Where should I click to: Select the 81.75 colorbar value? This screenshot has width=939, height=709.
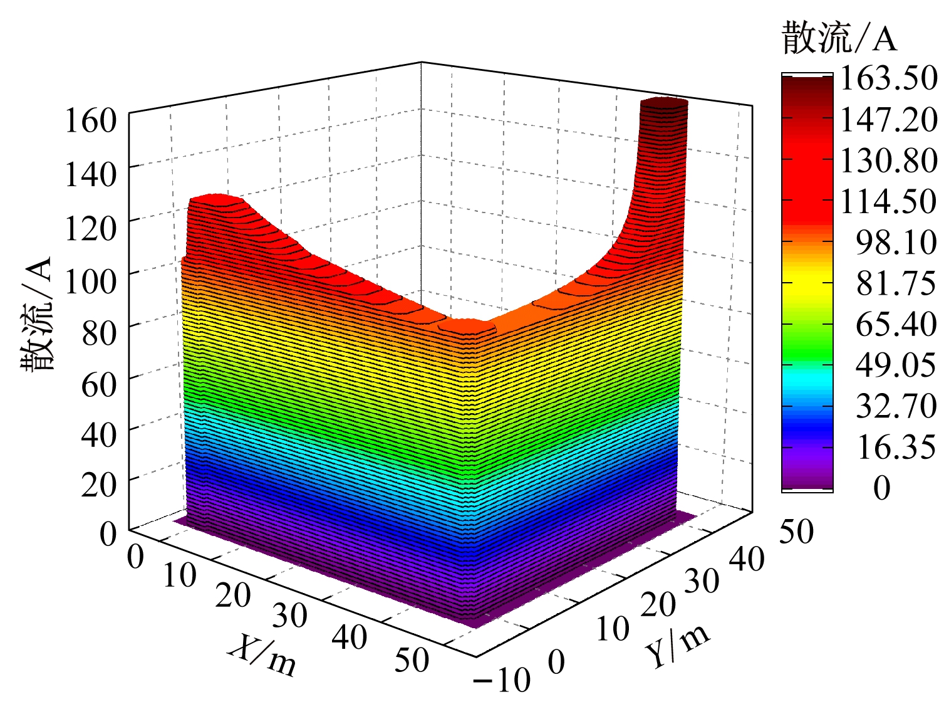point(896,283)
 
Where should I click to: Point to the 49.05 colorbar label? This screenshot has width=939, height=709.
point(896,365)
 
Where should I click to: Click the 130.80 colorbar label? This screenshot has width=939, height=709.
point(888,161)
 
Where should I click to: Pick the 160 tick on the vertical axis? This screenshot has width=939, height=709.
point(91,120)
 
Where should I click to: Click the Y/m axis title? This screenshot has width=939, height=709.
point(678,646)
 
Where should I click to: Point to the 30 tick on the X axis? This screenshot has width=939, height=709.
point(290,615)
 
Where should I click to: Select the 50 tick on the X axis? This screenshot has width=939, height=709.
point(412,659)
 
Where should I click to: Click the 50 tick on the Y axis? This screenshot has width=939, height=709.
point(796,532)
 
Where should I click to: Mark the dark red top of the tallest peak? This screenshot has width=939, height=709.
point(664,103)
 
